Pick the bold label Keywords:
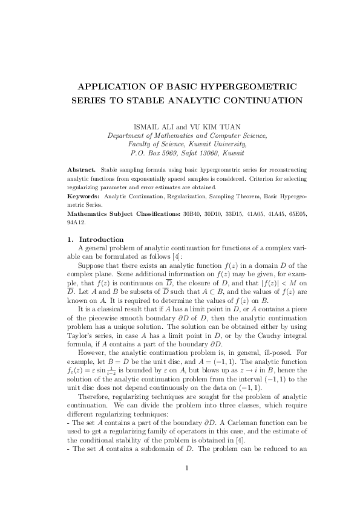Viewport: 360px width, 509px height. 84,196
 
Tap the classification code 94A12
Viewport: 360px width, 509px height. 77,222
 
